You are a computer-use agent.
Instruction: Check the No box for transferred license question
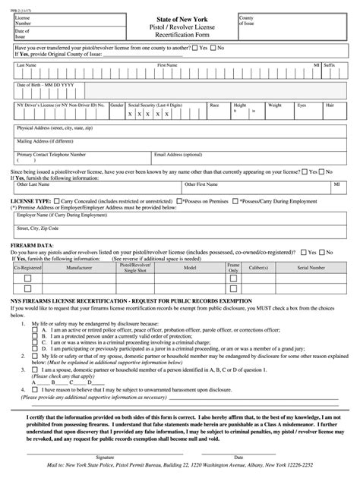pos(214,47)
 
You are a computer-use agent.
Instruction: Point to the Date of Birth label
pos(46,85)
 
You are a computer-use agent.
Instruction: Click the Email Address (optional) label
pos(181,153)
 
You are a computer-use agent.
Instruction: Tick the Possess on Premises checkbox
pos(178,201)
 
